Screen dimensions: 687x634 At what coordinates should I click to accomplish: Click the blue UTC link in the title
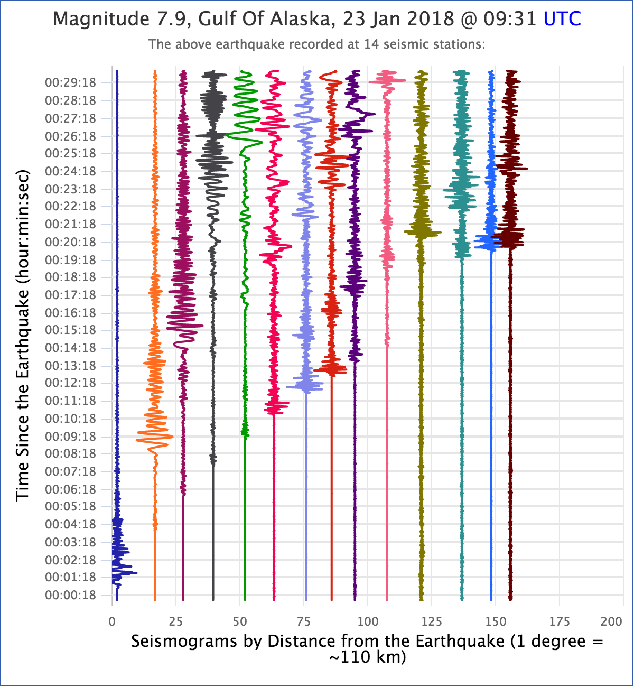pyautogui.click(x=562, y=20)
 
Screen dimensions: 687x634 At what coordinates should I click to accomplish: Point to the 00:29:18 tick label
pyautogui.click(x=70, y=83)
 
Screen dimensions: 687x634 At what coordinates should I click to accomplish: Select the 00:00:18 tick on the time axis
pyautogui.click(x=70, y=596)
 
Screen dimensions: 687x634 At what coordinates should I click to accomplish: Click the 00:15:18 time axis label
pyautogui.click(x=70, y=330)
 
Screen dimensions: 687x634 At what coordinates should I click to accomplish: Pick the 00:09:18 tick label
pyautogui.click(x=70, y=437)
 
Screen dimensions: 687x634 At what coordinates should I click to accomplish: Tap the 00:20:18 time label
pyautogui.click(x=70, y=242)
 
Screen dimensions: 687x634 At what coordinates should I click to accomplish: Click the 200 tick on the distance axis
pyautogui.click(x=612, y=621)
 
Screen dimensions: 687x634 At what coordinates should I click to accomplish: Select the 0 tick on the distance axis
pyautogui.click(x=112, y=621)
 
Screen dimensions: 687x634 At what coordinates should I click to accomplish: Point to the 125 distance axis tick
pyautogui.click(x=432, y=621)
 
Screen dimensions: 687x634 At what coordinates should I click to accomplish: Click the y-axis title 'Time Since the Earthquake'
pyautogui.click(x=22, y=336)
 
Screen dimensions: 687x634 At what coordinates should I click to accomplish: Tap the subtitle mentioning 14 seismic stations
pyautogui.click(x=317, y=44)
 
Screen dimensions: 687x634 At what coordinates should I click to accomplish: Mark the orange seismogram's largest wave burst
pyautogui.click(x=155, y=437)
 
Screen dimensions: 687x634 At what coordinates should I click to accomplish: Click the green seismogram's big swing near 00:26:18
pyautogui.click(x=245, y=138)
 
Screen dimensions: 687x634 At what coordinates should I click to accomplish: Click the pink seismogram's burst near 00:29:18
pyautogui.click(x=387, y=80)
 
